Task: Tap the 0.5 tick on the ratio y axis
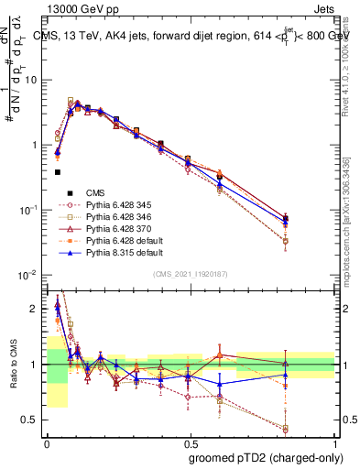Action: click(x=33, y=420)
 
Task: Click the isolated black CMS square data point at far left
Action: click(x=57, y=171)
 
